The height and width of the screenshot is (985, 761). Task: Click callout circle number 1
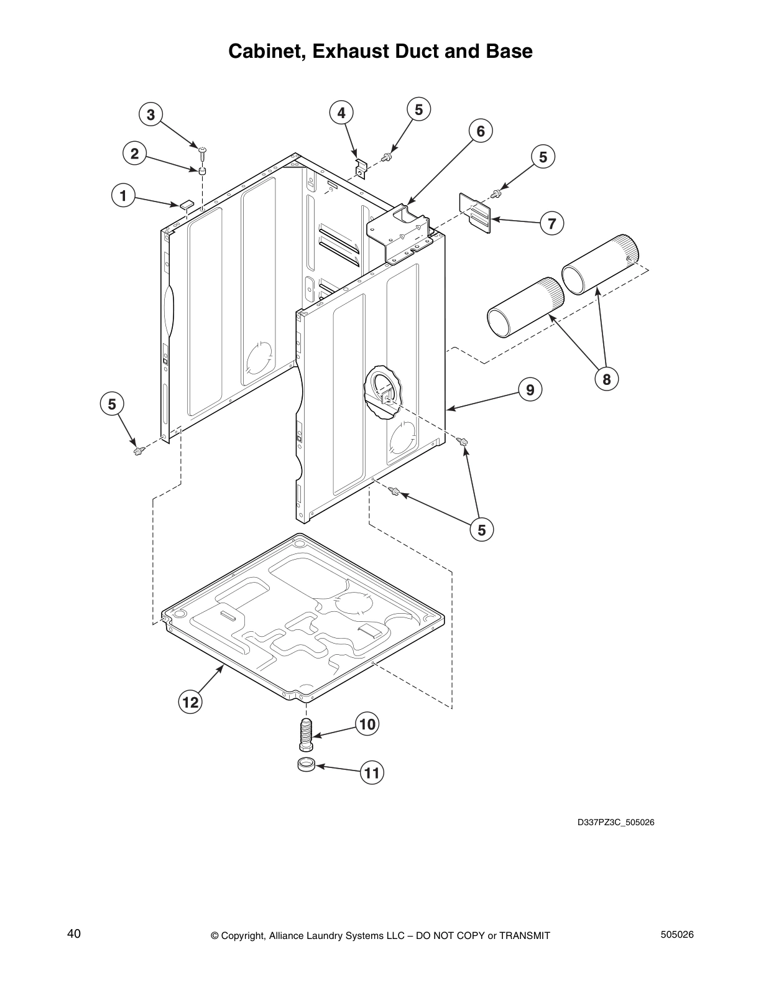(123, 197)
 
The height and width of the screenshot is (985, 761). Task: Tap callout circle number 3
(150, 114)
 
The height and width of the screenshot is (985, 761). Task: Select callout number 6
(481, 131)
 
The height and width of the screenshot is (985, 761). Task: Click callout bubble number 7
(551, 223)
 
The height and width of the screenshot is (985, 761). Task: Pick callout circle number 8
(606, 379)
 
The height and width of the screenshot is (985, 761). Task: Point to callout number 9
(530, 390)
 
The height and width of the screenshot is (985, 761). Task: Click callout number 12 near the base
(190, 703)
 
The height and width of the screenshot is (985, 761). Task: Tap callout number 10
(367, 724)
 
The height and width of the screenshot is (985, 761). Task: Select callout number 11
(371, 773)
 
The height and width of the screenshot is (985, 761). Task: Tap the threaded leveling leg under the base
(305, 734)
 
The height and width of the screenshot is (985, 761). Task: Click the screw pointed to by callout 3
(203, 150)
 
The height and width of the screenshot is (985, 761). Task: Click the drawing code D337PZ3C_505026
(616, 823)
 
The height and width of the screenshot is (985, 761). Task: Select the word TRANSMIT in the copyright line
(525, 936)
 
